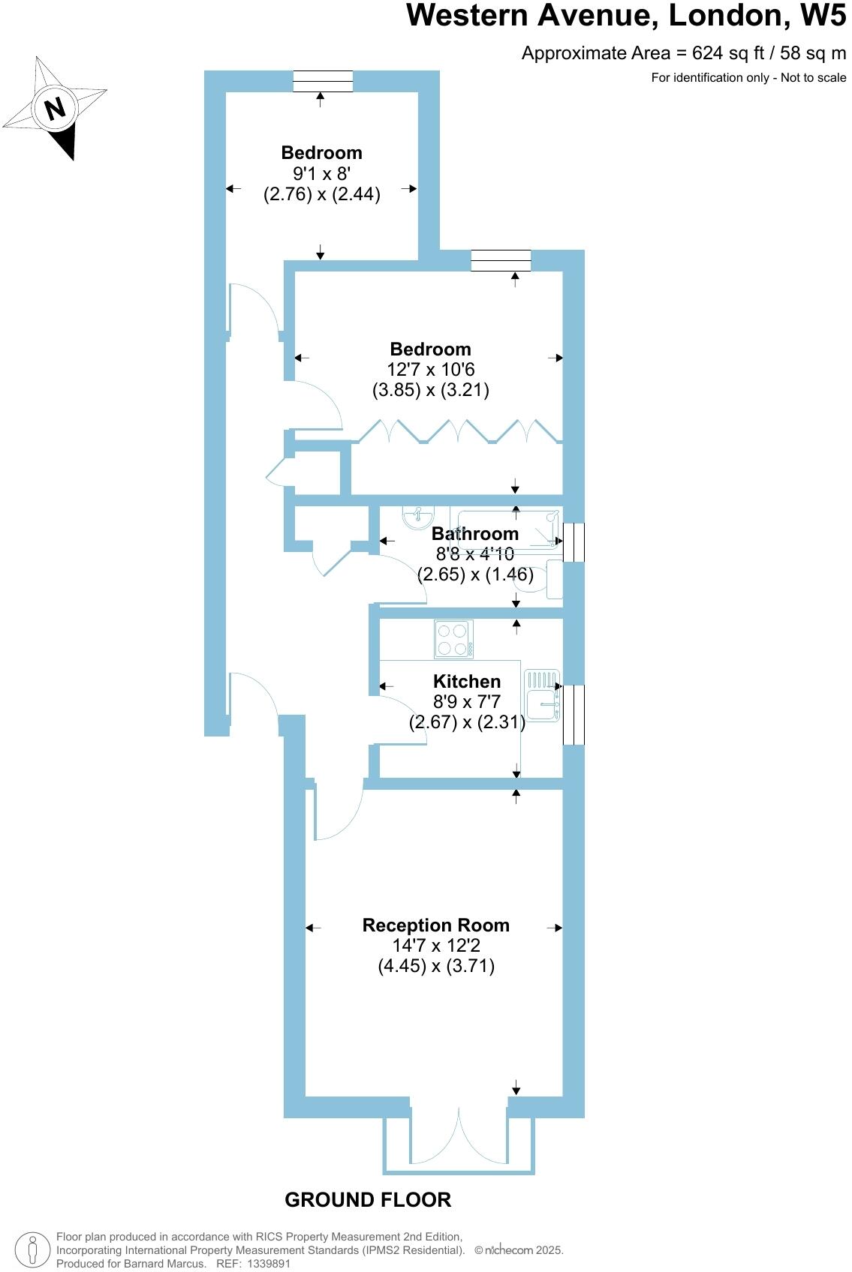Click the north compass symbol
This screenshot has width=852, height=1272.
click(55, 109)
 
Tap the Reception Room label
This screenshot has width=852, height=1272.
click(435, 925)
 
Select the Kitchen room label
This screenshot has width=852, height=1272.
click(467, 681)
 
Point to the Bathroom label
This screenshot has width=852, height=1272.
click(474, 533)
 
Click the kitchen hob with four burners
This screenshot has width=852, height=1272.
click(453, 639)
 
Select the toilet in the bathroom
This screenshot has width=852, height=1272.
click(545, 579)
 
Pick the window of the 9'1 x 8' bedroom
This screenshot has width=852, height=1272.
click(322, 81)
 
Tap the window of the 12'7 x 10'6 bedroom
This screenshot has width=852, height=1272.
click(501, 260)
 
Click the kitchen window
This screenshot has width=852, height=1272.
click(574, 715)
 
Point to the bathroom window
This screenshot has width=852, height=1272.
click(574, 541)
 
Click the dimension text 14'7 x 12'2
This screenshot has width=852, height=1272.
click(435, 946)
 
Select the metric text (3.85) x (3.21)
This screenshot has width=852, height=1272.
click(430, 390)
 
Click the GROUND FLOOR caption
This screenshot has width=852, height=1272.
click(368, 1200)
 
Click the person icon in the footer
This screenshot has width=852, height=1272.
click(32, 1250)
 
